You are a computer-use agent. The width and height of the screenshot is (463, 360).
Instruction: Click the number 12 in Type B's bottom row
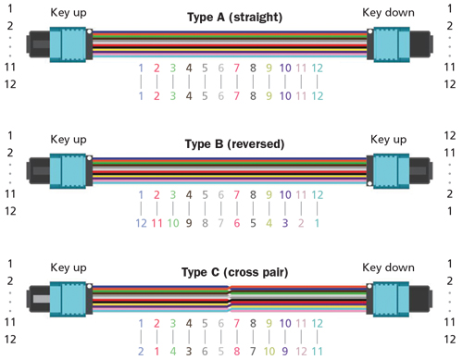141,223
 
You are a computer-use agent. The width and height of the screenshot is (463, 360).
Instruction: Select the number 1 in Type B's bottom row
317,223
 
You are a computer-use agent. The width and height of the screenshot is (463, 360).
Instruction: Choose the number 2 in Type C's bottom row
141,351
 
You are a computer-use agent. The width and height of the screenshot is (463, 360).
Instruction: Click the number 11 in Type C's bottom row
317,351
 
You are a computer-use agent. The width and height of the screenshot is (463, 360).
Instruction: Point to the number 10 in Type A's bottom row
285,95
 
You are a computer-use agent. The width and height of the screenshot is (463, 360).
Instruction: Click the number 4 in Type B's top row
189,195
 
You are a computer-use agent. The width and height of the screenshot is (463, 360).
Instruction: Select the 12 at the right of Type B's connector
451,135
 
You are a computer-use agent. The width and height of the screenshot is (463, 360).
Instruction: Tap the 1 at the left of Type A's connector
10,10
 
